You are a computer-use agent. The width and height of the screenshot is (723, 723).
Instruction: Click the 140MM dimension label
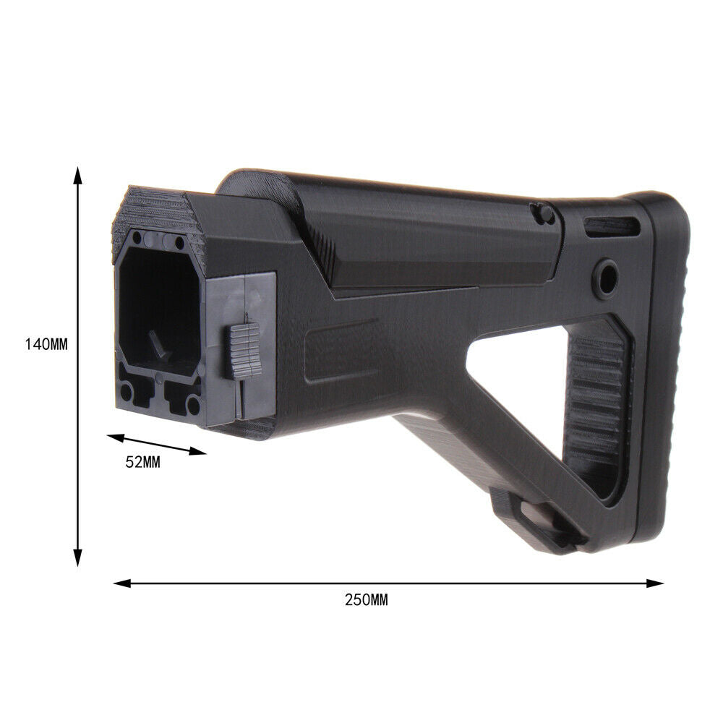click(x=46, y=344)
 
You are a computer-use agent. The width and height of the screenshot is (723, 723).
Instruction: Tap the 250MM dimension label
click(x=367, y=600)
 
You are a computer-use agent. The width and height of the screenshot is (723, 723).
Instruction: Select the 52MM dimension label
click(x=143, y=462)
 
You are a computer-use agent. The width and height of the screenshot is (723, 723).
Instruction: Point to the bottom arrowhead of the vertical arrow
click(x=78, y=557)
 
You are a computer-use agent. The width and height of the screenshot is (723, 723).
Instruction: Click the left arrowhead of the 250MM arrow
click(x=123, y=583)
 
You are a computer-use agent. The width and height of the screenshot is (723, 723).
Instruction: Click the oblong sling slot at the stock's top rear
click(x=612, y=226)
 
